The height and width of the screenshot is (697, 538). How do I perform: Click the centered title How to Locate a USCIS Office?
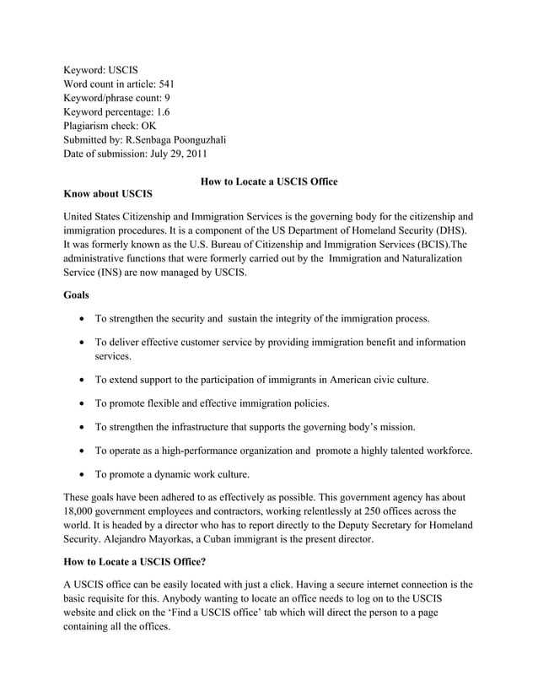tap(269, 181)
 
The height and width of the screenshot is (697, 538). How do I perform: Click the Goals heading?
tap(79, 295)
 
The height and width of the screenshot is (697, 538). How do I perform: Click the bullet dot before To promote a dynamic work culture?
tap(79, 474)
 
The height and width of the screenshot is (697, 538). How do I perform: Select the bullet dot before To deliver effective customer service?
tap(79, 343)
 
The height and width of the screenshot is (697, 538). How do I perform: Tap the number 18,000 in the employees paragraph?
tap(83, 511)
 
